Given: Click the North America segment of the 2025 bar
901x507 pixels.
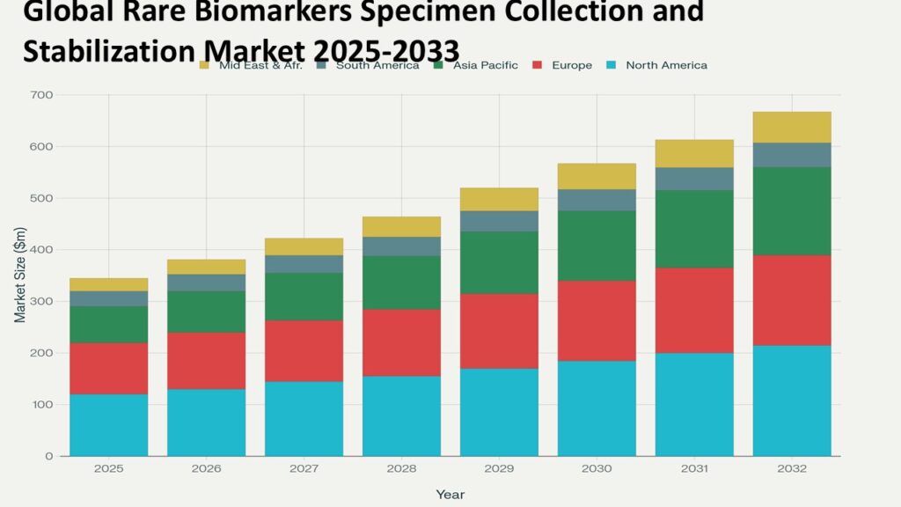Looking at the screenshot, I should [109, 425].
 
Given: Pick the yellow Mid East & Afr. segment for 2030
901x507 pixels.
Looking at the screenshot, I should [597, 176].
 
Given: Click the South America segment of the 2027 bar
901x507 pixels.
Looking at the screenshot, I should [304, 264].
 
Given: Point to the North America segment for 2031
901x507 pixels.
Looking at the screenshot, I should [694, 405].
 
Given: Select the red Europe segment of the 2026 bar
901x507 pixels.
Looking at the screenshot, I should [207, 361].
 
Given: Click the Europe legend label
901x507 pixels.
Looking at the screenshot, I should [571, 65].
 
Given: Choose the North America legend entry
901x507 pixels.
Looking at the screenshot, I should [665, 65].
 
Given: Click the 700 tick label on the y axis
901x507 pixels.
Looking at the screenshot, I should [41, 95].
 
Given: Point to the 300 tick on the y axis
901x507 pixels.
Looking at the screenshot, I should [41, 302].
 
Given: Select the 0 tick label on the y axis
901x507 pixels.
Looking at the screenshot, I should [49, 457].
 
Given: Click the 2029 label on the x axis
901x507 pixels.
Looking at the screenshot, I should [500, 469].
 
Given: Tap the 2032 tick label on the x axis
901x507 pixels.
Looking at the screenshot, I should [792, 469].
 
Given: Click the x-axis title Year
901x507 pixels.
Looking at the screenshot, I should [450, 495].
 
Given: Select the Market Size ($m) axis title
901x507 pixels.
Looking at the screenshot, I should [19, 276].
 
